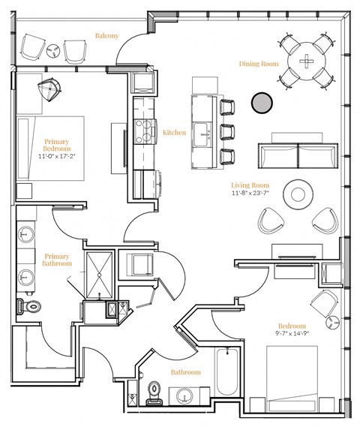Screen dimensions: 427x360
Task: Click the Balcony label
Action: point(107,35)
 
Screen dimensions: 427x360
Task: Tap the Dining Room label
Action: point(259,64)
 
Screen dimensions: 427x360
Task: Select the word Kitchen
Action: point(174,133)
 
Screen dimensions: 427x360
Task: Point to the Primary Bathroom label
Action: point(58,260)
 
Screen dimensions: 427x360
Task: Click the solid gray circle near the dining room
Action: point(261,103)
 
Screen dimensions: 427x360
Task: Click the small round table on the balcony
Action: point(53,50)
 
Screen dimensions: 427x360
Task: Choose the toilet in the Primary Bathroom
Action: point(29,305)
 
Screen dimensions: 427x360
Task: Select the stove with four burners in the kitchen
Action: point(143,132)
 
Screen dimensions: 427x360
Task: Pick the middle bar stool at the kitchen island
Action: point(227,131)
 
